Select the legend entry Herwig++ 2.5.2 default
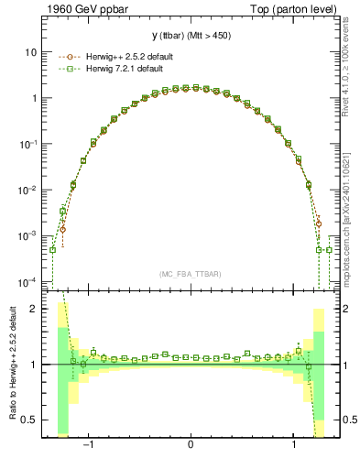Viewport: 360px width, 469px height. [115, 56]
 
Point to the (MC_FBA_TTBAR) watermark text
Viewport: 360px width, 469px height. [190, 274]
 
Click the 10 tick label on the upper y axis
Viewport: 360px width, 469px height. [30, 52]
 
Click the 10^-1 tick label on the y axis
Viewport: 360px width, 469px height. [27, 144]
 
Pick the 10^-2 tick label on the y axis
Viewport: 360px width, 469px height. [27, 190]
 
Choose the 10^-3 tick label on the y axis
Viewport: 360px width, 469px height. [27, 235]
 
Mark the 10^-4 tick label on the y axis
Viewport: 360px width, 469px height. [27, 281]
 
